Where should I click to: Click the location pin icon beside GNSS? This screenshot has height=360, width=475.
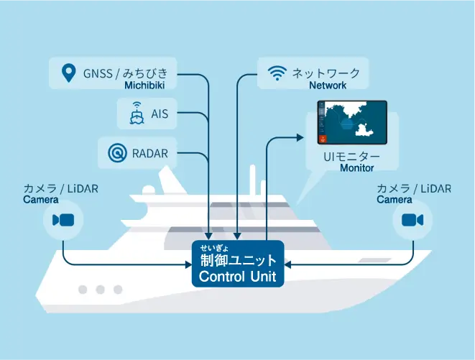tap(68, 72)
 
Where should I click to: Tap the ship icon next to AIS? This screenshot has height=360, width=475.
tap(136, 114)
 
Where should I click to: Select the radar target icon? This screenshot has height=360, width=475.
tap(116, 152)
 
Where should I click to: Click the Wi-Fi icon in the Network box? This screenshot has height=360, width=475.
tap(276, 73)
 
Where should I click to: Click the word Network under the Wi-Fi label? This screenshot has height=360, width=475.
tap(328, 86)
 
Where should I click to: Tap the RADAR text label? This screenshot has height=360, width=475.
tap(151, 152)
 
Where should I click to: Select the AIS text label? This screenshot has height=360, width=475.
tap(160, 114)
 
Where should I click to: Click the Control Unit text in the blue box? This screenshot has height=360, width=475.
tap(237, 276)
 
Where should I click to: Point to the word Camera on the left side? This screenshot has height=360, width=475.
tap(41, 200)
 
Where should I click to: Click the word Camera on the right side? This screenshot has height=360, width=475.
tap(395, 200)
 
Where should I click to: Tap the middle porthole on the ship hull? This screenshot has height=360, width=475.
tap(100, 290)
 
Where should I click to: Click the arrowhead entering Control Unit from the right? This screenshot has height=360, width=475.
tap(289, 265)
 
